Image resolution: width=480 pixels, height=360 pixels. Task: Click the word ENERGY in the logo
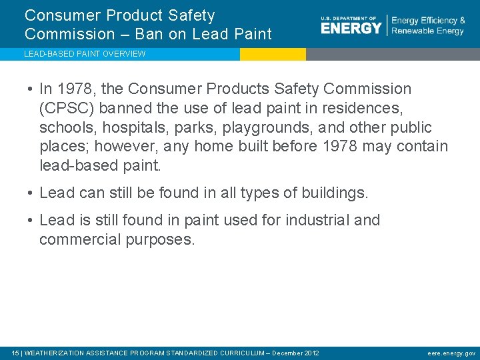(x=351, y=28)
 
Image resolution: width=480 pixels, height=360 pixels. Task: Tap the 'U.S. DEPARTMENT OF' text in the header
(x=349, y=18)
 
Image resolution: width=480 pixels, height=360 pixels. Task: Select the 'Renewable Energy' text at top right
(x=427, y=31)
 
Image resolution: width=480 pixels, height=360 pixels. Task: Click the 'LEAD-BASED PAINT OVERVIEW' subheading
(x=85, y=54)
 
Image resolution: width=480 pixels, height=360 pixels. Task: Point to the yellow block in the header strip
(x=273, y=54)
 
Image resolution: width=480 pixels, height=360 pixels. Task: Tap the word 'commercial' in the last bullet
(x=80, y=239)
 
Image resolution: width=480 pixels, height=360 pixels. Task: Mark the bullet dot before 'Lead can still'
(x=31, y=194)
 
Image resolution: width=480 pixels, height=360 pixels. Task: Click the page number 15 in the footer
(x=16, y=353)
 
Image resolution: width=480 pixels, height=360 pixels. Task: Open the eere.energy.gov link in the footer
(x=451, y=353)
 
